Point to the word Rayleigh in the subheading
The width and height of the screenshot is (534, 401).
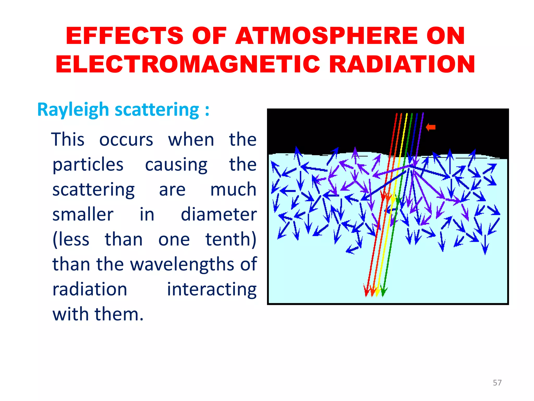coord(73,110)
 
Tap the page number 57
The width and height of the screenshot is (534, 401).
coord(497,383)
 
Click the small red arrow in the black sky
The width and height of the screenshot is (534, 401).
coord(431,127)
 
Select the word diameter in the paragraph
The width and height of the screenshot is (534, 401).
coord(219,215)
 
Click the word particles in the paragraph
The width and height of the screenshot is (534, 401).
coord(88,165)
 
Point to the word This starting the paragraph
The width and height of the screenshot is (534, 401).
coord(68,140)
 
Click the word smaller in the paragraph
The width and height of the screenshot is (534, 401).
coord(83,215)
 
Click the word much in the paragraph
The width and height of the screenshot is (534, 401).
coord(233,190)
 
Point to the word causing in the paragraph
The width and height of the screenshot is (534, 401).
coord(176,165)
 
